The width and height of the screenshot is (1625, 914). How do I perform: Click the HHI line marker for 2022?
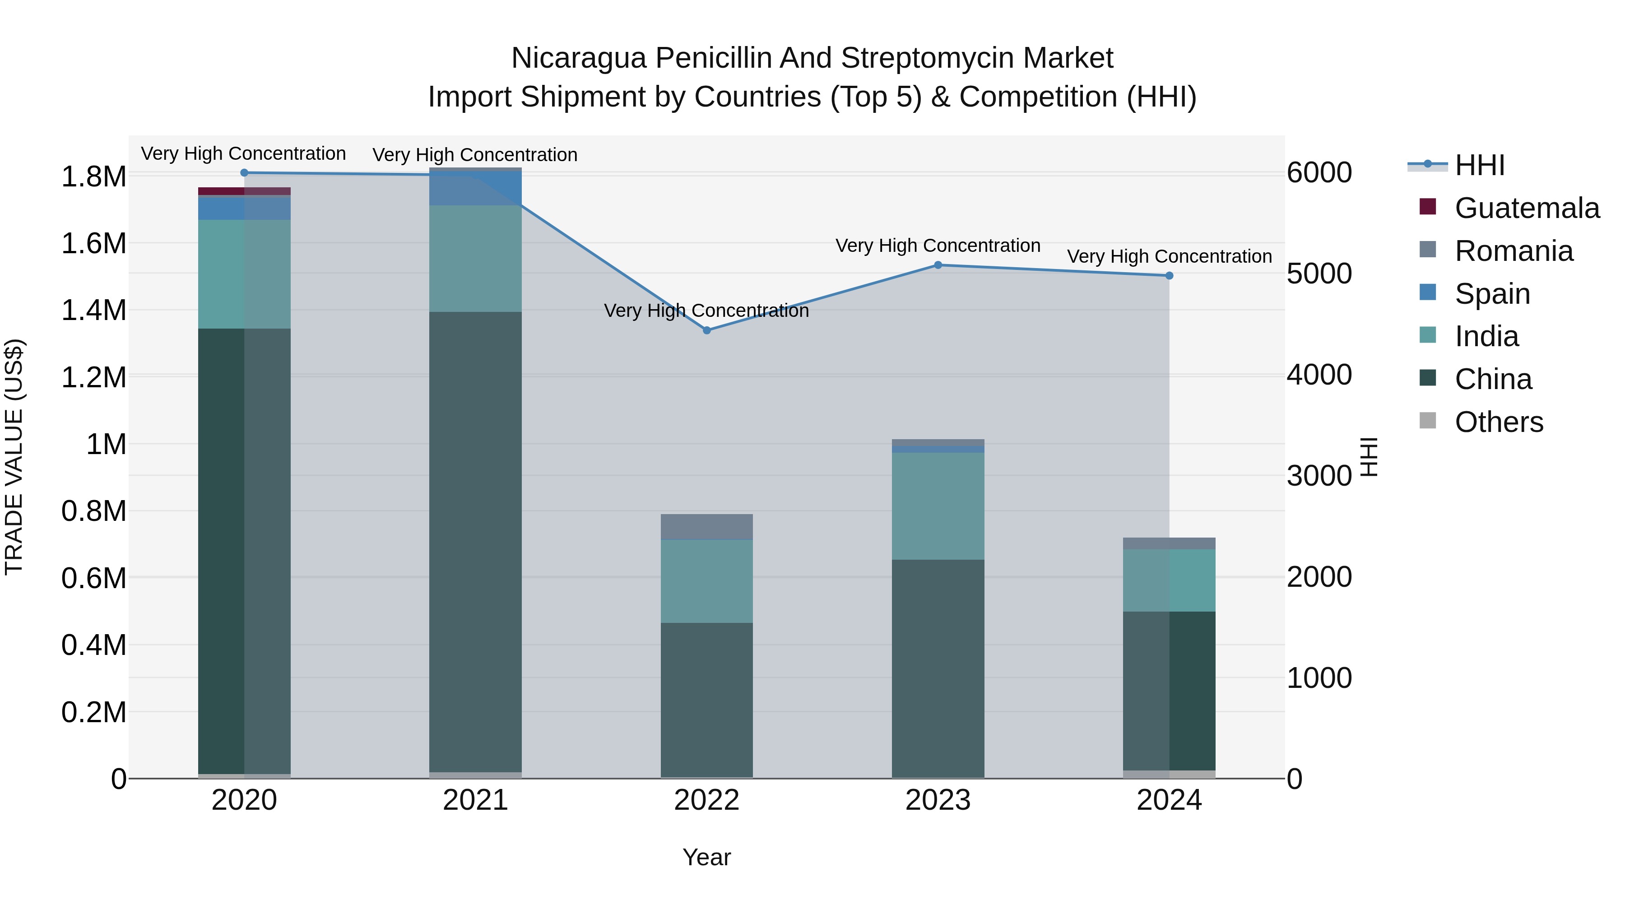click(706, 330)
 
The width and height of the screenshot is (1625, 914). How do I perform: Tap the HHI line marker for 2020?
click(244, 173)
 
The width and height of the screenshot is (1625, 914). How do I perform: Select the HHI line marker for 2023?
click(938, 265)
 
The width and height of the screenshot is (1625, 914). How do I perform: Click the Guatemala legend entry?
click(1527, 208)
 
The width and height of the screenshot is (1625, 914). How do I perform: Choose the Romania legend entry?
click(1514, 251)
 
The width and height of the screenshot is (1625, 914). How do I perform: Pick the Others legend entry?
click(1498, 422)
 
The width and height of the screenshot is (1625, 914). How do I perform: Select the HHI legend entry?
click(1479, 165)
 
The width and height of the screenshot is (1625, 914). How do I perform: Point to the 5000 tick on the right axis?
click(1319, 274)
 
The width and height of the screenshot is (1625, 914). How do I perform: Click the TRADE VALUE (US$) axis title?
click(14, 457)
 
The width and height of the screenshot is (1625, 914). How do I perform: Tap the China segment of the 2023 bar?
click(938, 668)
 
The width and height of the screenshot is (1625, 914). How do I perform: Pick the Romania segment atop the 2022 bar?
click(706, 527)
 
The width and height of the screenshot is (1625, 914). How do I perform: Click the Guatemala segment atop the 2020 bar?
click(244, 191)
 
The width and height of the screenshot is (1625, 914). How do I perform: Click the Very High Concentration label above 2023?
click(938, 246)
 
